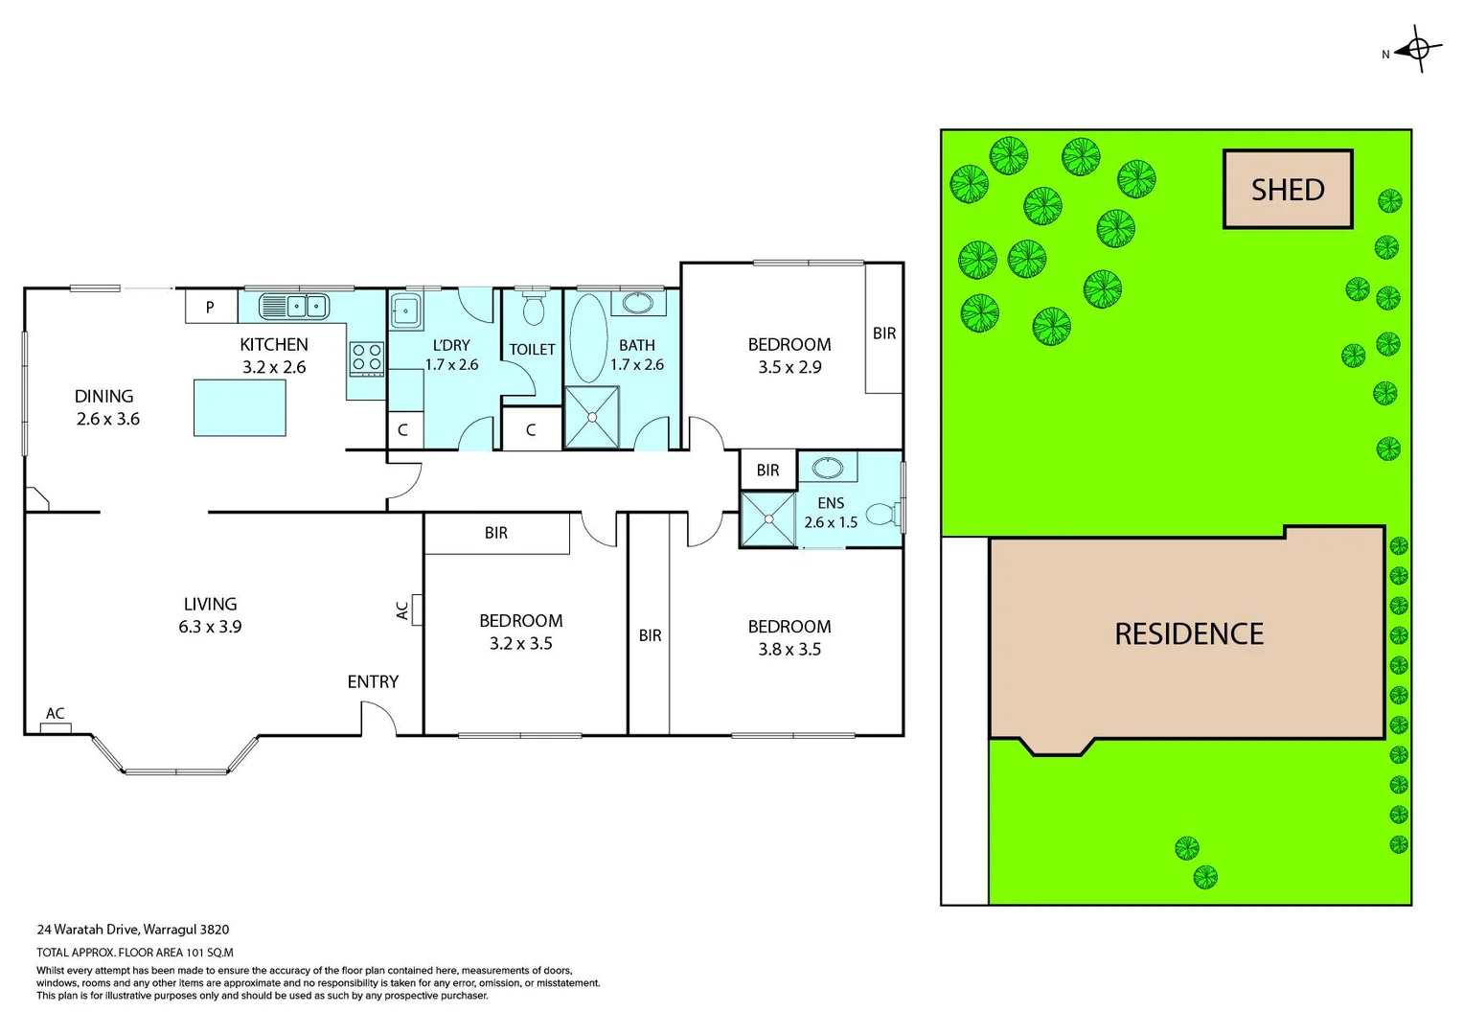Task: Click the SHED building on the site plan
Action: click(x=1288, y=190)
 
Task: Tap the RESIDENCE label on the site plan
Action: click(x=1189, y=633)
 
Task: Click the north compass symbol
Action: click(x=1419, y=49)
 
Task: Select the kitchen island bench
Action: click(x=240, y=408)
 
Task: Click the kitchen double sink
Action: click(x=294, y=307)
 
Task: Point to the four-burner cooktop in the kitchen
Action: click(x=366, y=358)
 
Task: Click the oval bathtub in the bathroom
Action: click(x=588, y=339)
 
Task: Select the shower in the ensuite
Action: click(x=768, y=519)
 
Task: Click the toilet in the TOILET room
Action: click(x=534, y=309)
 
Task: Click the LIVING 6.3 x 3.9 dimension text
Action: click(x=210, y=627)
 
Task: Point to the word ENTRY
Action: click(x=373, y=681)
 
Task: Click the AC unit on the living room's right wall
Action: click(x=417, y=609)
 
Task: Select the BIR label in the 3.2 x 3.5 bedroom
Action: click(x=496, y=533)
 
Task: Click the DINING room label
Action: click(x=103, y=396)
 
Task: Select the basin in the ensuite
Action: click(x=828, y=468)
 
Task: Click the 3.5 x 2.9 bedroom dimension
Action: click(x=789, y=367)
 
